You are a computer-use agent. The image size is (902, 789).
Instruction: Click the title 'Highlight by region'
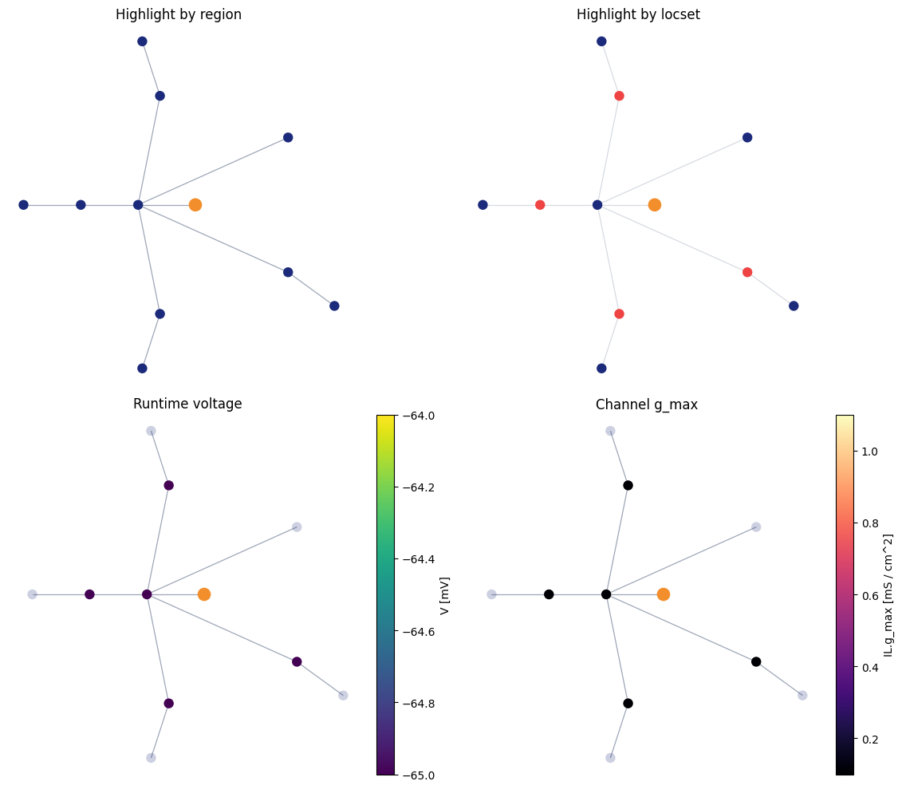click(179, 14)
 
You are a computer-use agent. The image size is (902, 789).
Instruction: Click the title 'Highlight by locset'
click(638, 14)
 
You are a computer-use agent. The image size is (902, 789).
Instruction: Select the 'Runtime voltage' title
click(187, 404)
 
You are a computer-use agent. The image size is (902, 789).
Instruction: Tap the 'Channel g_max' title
click(647, 404)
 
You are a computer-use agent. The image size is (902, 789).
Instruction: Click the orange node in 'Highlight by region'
click(195, 205)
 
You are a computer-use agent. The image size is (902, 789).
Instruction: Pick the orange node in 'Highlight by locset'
click(655, 205)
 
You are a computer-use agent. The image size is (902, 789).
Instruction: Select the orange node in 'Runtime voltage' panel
click(204, 594)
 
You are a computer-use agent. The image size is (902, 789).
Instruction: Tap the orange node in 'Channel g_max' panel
click(664, 594)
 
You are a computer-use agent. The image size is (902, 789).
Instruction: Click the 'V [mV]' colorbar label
click(444, 595)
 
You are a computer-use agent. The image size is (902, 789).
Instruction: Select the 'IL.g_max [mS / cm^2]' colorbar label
click(888, 595)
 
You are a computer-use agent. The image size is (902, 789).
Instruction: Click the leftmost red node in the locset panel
click(540, 205)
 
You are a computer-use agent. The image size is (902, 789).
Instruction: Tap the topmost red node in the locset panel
click(619, 96)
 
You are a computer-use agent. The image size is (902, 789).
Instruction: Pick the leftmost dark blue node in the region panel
click(24, 205)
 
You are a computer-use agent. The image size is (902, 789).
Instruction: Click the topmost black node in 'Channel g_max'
click(628, 485)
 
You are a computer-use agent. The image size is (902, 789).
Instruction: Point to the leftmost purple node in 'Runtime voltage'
click(90, 594)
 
